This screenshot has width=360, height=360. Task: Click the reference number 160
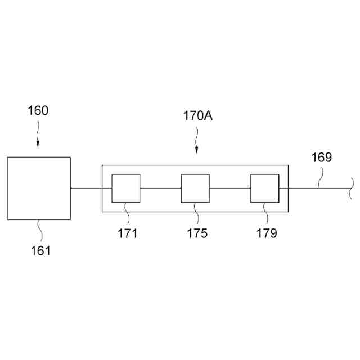click(38, 110)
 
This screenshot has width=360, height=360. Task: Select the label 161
click(40, 250)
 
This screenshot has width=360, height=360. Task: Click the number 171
click(128, 233)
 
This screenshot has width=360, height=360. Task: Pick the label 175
click(197, 233)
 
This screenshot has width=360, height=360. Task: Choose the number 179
click(267, 233)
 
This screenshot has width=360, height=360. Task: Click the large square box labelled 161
click(39, 188)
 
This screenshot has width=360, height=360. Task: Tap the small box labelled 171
click(125, 188)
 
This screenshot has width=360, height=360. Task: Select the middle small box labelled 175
click(195, 188)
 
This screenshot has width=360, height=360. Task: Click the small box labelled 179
click(264, 188)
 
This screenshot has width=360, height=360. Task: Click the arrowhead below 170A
click(196, 150)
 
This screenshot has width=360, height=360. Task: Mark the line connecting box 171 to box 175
click(160, 188)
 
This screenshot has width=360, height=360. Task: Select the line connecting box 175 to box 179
click(229, 188)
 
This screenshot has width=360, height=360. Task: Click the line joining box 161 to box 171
click(86, 188)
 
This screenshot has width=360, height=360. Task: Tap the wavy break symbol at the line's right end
click(350, 188)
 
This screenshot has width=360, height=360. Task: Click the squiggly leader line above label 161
click(40, 229)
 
